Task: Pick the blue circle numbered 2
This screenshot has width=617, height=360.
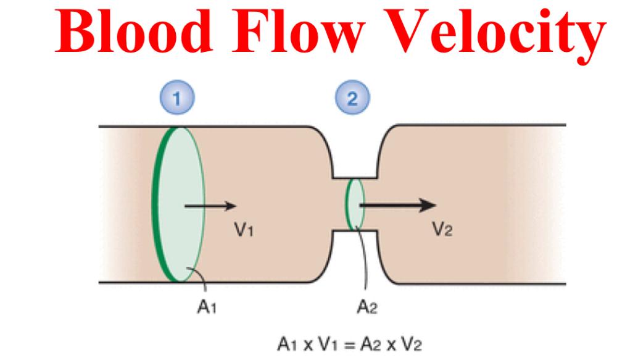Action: click(x=350, y=99)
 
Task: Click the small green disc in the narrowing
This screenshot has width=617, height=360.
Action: click(x=355, y=204)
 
